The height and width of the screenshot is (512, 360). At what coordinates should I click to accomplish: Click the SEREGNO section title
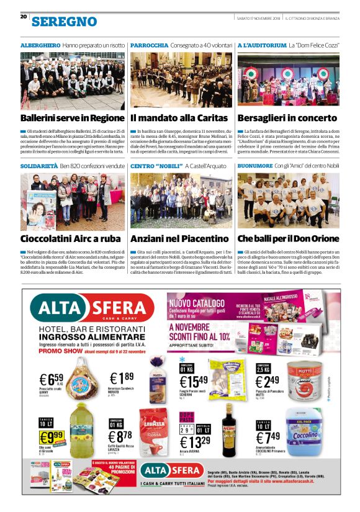point(64,21)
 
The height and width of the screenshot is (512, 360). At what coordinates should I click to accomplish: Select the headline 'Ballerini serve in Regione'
point(72,117)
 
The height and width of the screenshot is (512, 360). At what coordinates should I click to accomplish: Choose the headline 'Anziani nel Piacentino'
point(179,238)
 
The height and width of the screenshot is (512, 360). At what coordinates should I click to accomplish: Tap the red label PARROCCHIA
point(149,46)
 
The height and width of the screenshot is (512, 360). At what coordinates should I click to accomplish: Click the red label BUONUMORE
point(255,167)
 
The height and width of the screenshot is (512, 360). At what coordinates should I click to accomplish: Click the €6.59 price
point(51,379)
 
